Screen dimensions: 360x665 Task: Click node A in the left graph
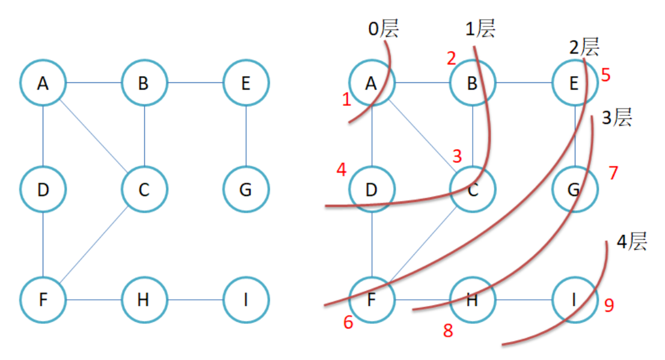click(43, 83)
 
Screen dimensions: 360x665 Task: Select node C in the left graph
click(144, 191)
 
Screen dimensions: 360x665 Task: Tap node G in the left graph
click(245, 191)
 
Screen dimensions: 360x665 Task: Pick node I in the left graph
click(245, 299)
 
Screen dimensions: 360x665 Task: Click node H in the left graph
click(144, 299)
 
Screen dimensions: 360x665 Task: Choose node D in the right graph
click(372, 191)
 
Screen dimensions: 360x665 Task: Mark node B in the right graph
click(473, 83)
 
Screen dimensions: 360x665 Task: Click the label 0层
click(384, 28)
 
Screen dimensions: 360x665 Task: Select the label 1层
click(480, 28)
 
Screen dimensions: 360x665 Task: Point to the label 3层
click(617, 118)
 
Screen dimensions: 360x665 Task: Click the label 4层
click(631, 242)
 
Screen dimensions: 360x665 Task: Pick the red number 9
click(608, 306)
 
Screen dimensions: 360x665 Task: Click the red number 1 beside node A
click(346, 100)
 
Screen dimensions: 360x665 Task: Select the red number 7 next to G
click(613, 173)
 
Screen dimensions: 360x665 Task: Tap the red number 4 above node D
click(342, 170)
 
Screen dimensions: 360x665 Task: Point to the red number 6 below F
click(348, 323)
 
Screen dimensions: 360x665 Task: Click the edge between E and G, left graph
click(245, 137)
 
